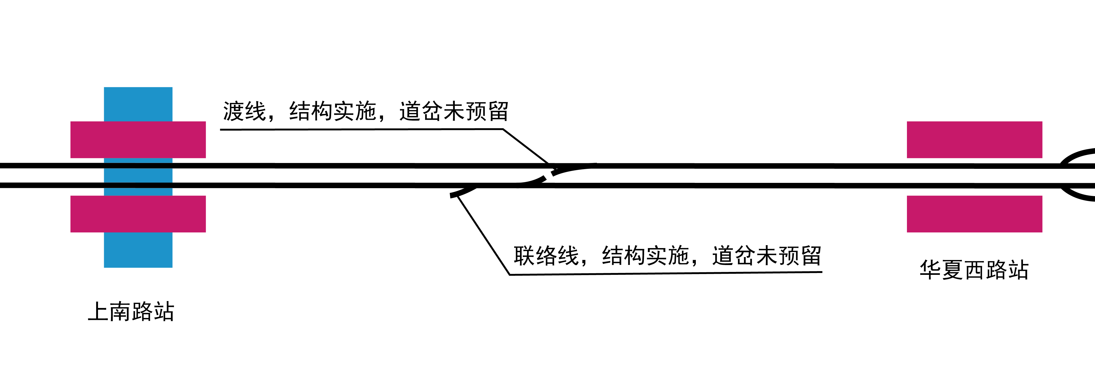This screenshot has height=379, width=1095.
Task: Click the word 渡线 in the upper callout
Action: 244,111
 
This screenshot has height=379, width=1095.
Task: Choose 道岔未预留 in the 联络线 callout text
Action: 766,256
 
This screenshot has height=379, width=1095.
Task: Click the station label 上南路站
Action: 131,312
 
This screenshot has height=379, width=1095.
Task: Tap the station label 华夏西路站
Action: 974,270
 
